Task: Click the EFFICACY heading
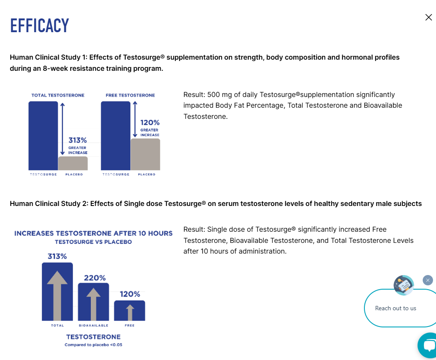(x=39, y=26)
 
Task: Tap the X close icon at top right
(x=428, y=17)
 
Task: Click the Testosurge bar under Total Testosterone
(x=43, y=136)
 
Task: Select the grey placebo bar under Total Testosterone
(x=73, y=163)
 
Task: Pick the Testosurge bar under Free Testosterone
(x=116, y=136)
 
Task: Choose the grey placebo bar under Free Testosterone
(x=145, y=154)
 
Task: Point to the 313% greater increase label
(x=78, y=145)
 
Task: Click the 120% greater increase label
(x=150, y=128)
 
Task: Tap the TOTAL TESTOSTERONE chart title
(x=58, y=95)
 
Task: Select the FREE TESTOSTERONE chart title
(x=130, y=95)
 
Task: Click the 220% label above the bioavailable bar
(x=95, y=278)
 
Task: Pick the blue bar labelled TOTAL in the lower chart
(x=57, y=291)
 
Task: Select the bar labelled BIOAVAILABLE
(x=93, y=302)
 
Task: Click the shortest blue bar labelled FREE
(x=129, y=311)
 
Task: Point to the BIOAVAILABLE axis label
(x=93, y=326)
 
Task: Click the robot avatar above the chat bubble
(x=404, y=285)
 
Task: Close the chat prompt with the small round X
(x=428, y=280)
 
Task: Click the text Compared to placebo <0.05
(x=93, y=345)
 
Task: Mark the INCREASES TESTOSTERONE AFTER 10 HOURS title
(x=93, y=233)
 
